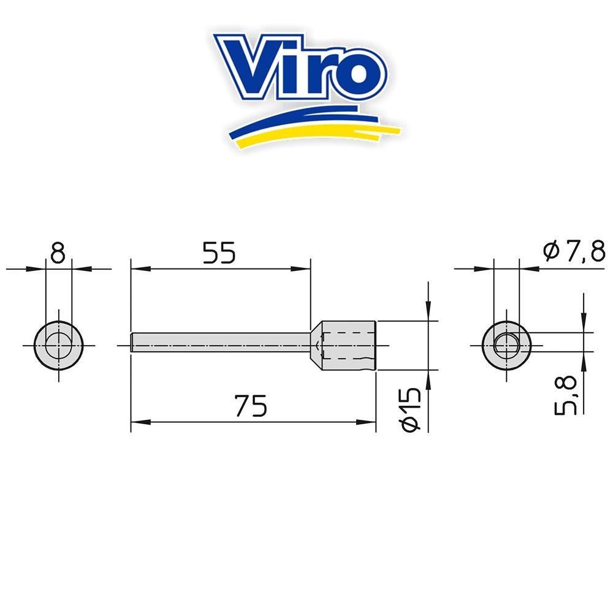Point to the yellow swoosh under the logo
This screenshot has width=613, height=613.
click(x=313, y=134)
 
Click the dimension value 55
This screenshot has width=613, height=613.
click(x=219, y=253)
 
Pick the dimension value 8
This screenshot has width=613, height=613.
click(x=58, y=253)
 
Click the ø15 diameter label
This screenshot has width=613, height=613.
click(x=411, y=409)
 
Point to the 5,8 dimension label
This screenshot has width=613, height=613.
click(x=566, y=395)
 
